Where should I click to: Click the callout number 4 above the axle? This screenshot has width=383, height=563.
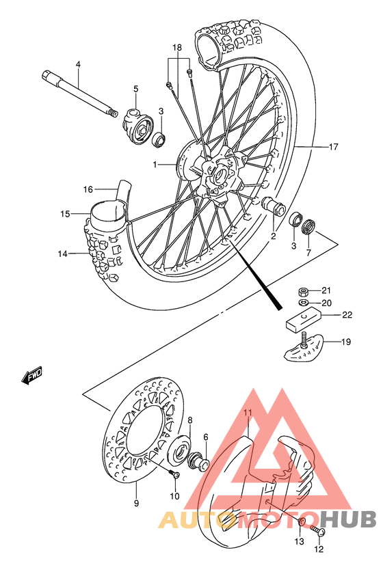tap(78, 65)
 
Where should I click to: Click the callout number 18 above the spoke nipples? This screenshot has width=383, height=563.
tap(177, 48)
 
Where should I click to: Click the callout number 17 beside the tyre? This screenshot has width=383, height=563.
tap(353, 146)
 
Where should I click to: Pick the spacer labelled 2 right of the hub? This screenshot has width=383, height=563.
tap(274, 206)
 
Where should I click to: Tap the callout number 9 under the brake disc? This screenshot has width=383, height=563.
tap(136, 504)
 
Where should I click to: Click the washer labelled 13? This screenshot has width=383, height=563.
tap(301, 523)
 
